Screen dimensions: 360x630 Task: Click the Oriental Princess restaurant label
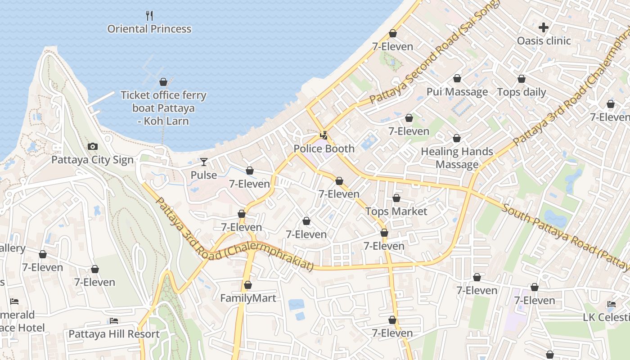click(x=149, y=29)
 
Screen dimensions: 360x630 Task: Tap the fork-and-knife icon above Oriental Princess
click(x=150, y=16)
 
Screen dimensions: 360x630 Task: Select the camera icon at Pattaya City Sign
click(x=93, y=146)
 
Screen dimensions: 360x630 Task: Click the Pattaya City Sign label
click(x=92, y=160)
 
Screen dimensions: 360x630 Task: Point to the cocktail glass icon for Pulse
click(x=204, y=162)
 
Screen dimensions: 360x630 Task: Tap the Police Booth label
click(x=324, y=148)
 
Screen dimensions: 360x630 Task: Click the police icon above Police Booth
click(x=324, y=135)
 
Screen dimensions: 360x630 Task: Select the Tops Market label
click(x=396, y=211)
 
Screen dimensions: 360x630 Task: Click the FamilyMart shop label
click(x=248, y=298)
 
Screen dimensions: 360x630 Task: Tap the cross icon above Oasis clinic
click(x=544, y=27)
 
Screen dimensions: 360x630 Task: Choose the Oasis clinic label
click(x=544, y=41)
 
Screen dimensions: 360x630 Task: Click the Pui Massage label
click(x=457, y=92)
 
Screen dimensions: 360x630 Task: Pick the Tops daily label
click(x=521, y=92)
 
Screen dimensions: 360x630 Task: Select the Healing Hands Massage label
click(x=457, y=158)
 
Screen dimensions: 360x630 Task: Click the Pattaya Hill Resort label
click(x=114, y=334)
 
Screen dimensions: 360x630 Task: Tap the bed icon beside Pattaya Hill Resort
click(x=114, y=321)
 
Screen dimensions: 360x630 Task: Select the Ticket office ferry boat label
click(x=163, y=108)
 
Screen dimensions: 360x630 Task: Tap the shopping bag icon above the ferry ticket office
click(x=163, y=82)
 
